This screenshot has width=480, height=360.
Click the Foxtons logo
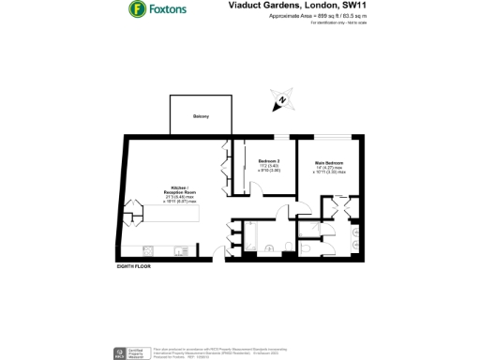coord(157,10)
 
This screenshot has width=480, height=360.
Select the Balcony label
coord(200,116)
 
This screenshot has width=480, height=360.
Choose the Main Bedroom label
coord(328,164)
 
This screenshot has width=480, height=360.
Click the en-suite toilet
coord(357,233)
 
